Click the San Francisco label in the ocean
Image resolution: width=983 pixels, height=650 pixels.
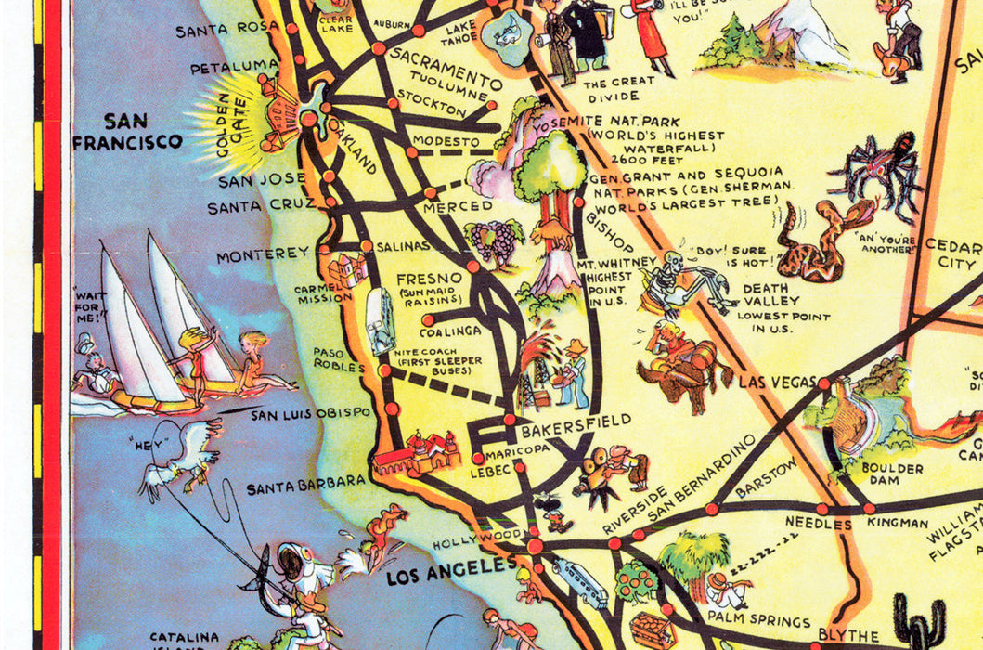point(128,131)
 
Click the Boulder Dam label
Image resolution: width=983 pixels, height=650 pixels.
point(891,475)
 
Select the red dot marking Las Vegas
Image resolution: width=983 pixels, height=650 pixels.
point(824,383)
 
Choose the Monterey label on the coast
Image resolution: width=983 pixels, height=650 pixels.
point(263,253)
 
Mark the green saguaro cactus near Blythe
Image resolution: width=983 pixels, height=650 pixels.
point(920,621)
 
